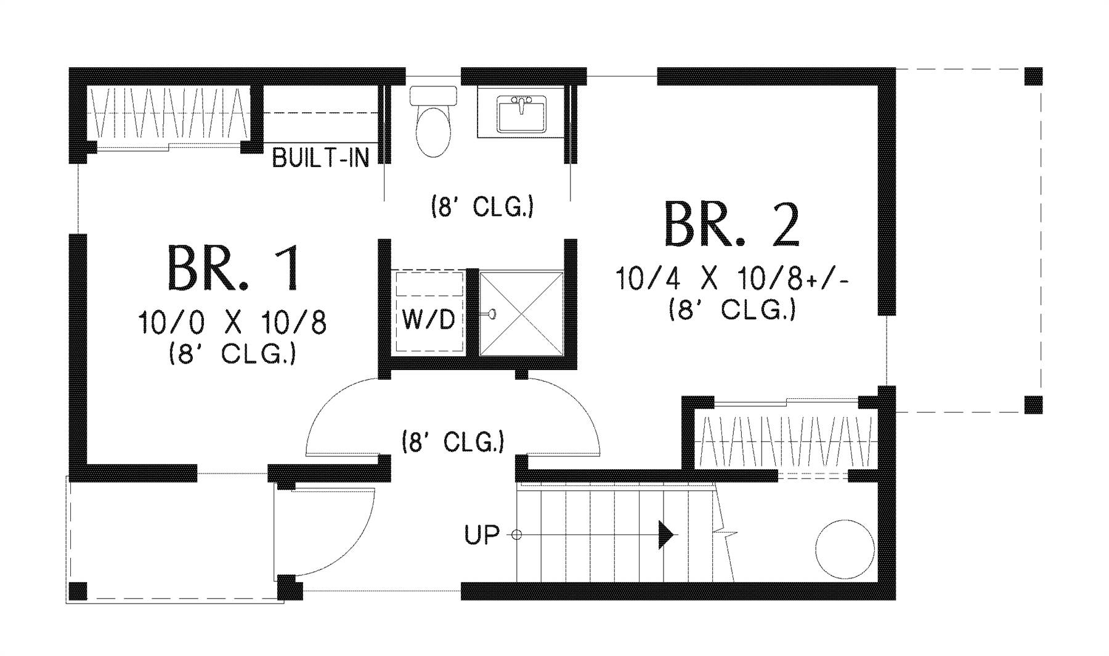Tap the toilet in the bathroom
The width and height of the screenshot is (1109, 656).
pos(433,131)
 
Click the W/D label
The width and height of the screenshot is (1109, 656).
pos(429,320)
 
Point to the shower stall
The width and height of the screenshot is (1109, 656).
pos(521,313)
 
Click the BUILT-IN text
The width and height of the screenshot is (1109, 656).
pos(320,158)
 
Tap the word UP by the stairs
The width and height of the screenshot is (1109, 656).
pos(482,535)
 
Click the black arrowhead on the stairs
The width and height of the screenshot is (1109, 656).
pos(665,535)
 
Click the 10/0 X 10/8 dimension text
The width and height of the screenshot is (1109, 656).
pos(232,322)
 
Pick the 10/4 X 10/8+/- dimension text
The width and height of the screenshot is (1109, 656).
pos(732,280)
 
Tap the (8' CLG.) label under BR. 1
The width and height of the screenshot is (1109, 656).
pos(232,354)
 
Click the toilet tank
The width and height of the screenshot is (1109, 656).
pos(433,96)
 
